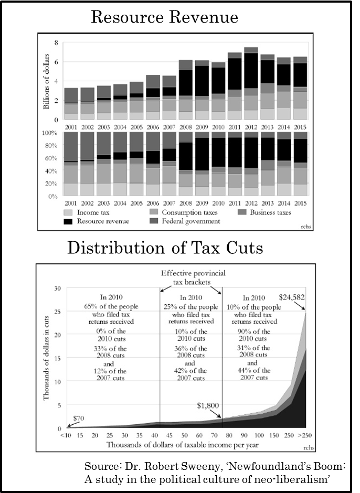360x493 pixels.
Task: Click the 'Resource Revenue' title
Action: click(164, 17)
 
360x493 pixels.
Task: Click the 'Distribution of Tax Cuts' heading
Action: click(165, 247)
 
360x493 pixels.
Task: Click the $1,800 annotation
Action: click(208, 406)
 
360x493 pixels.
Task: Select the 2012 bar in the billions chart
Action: click(251, 84)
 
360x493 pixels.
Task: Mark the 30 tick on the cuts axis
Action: click(58, 288)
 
